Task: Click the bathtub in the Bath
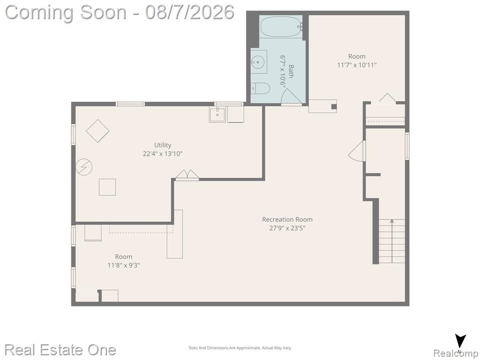click(x=281, y=27)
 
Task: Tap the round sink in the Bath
click(x=259, y=62)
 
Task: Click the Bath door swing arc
click(x=292, y=95)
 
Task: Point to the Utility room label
click(x=163, y=145)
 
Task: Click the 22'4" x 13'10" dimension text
click(x=163, y=154)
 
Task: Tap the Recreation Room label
click(x=287, y=219)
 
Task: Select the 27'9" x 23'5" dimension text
click(x=287, y=228)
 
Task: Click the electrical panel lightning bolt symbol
click(x=84, y=167)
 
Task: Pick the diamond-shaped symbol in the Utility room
click(x=97, y=131)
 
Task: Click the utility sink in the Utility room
click(x=217, y=114)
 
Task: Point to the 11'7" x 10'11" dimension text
click(x=357, y=65)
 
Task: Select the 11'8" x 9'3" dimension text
click(x=124, y=265)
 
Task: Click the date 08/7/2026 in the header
click(x=190, y=13)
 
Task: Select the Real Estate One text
click(x=60, y=350)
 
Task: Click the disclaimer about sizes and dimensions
click(x=240, y=348)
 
